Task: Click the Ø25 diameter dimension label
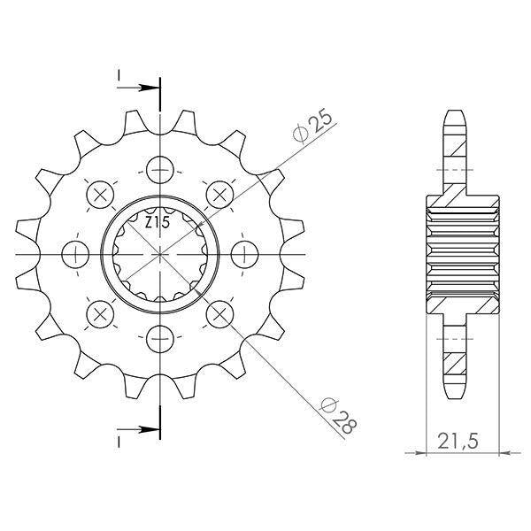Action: tap(312, 125)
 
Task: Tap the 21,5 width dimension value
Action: tap(458, 442)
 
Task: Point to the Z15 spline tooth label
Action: tap(158, 223)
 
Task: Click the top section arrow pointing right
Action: tap(138, 88)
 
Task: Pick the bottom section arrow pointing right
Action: tap(138, 430)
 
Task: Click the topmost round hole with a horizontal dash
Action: tap(160, 170)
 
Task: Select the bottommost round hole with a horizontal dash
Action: tap(160, 339)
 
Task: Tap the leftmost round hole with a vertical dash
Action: tap(75, 254)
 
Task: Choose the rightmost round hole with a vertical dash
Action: tap(244, 254)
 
